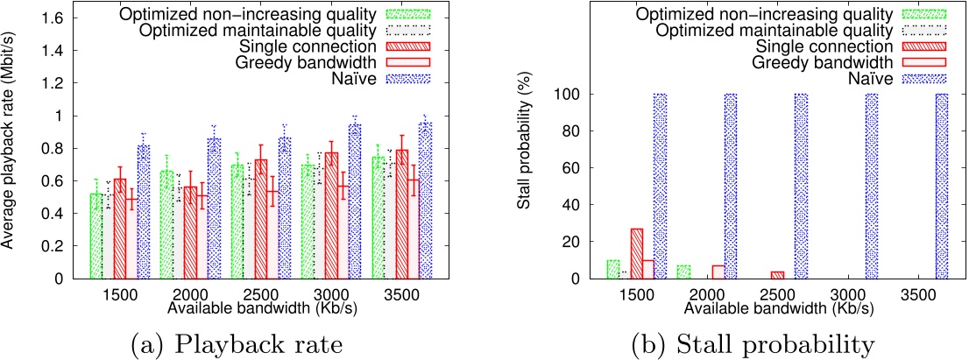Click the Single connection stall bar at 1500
636,253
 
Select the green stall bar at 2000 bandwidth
683,272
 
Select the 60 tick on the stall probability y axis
576,168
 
